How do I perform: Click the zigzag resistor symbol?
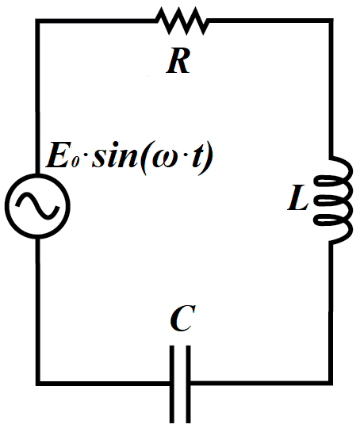click(182, 21)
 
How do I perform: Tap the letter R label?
click(178, 60)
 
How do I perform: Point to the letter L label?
click(298, 197)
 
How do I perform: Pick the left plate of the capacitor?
click(172, 384)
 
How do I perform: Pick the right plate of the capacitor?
click(188, 384)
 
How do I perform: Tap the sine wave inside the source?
click(37, 206)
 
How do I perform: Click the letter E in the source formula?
click(58, 155)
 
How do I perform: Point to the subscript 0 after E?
click(75, 162)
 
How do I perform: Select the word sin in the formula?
click(115, 155)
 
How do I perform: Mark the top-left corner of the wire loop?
click(38, 21)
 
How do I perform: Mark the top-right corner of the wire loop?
click(331, 21)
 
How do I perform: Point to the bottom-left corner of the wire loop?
click(38, 383)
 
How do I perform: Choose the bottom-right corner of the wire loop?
click(331, 383)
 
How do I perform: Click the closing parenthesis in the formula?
click(207, 158)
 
